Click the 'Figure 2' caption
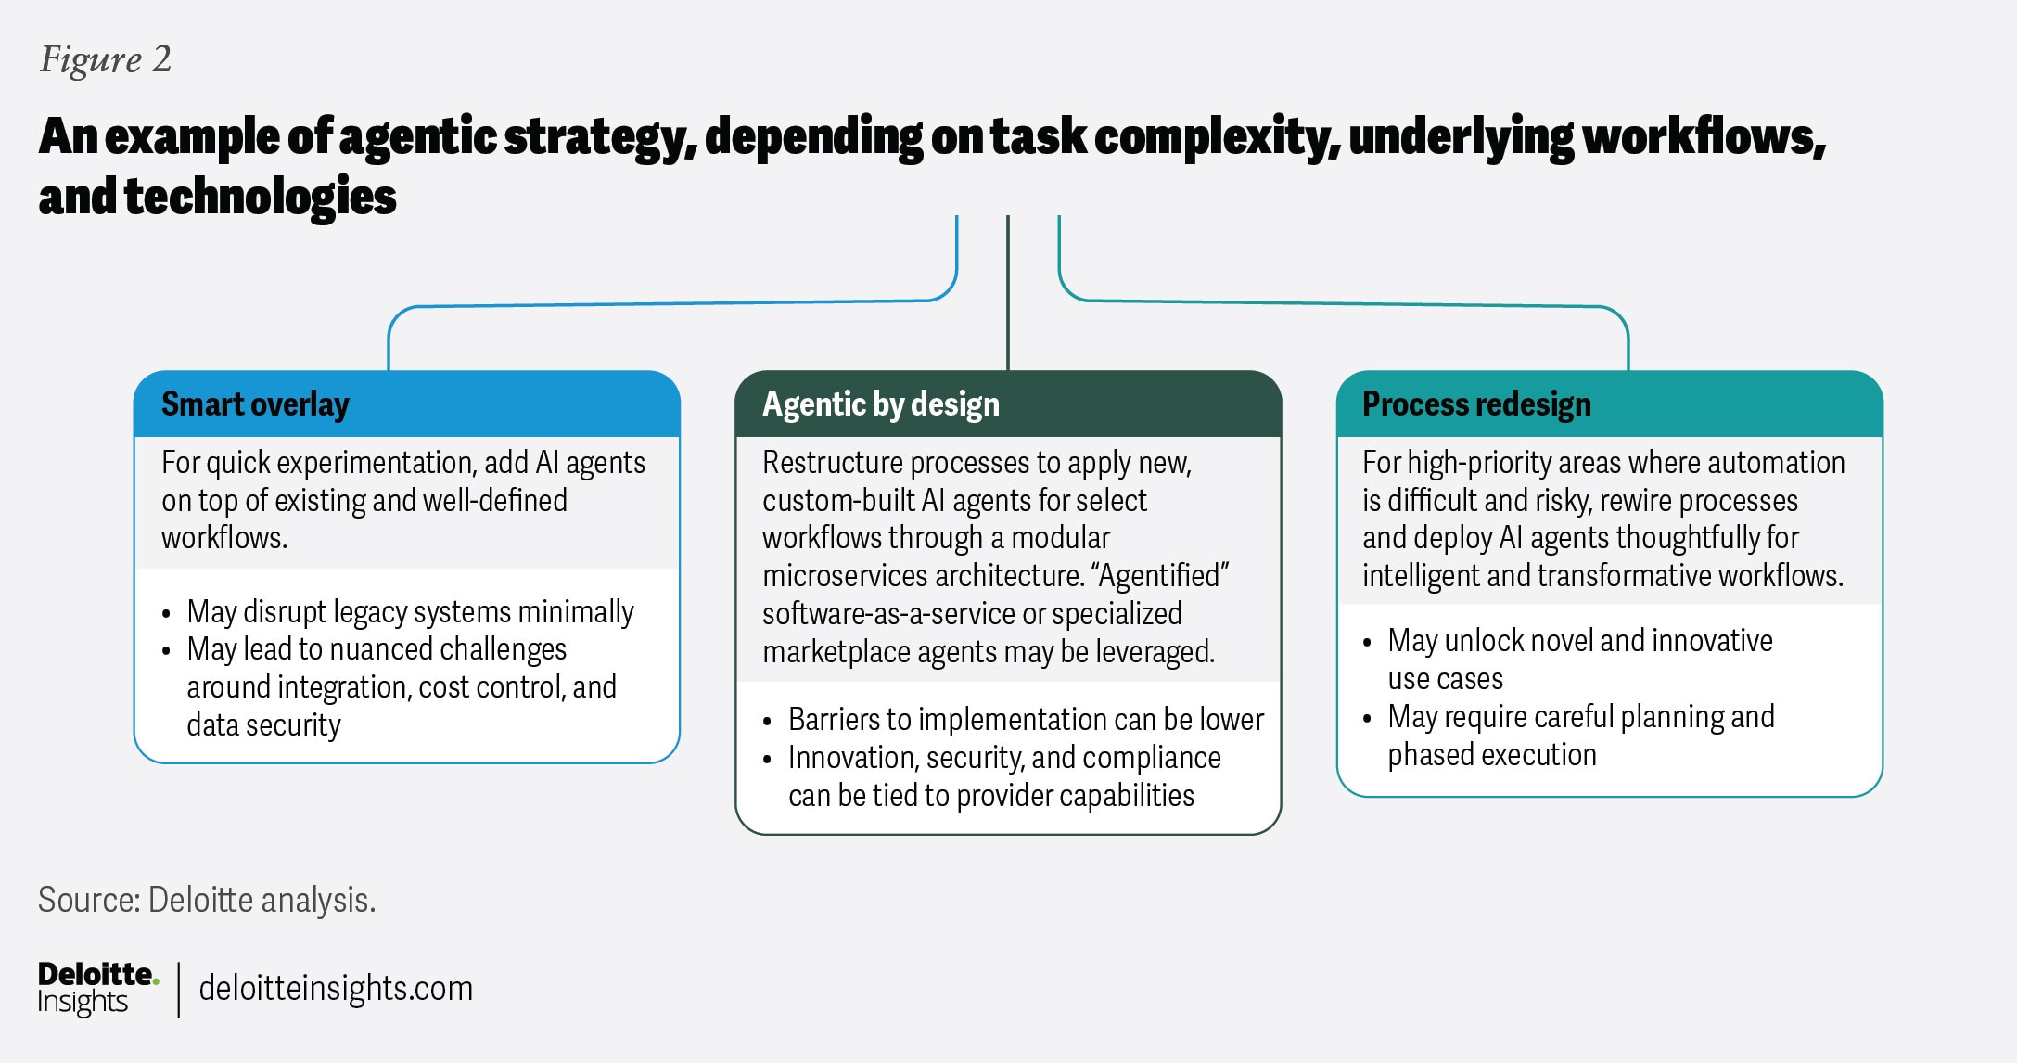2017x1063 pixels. coord(106,60)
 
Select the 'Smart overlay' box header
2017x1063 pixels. coord(255,404)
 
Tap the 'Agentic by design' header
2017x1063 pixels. coord(881,404)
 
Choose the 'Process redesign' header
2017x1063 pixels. coord(1476,404)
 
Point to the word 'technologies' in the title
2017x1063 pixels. coord(261,198)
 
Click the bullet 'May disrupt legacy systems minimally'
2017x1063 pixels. coord(410,612)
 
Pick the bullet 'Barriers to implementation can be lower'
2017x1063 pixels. coord(1026,720)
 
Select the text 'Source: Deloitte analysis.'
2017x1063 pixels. coord(207,900)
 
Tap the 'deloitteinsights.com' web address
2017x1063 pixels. coord(336,989)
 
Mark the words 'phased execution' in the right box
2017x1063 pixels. coord(1492,755)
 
